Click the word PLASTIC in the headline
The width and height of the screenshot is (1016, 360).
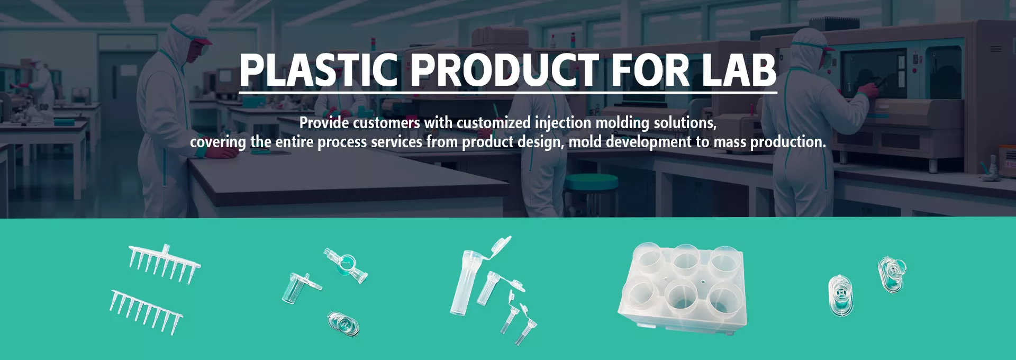pos(318,70)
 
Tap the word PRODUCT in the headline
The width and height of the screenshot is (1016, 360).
pos(504,70)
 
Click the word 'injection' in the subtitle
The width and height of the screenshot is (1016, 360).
pos(563,123)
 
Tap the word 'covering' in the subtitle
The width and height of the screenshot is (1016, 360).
pos(218,142)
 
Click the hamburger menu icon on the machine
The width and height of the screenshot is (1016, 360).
pos(996,49)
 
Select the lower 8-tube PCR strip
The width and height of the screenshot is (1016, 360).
pos(146,312)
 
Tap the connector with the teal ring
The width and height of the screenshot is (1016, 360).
pos(346,265)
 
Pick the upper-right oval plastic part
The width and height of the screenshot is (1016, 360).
pos(892,274)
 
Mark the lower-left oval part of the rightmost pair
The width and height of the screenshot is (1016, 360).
pos(841,295)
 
